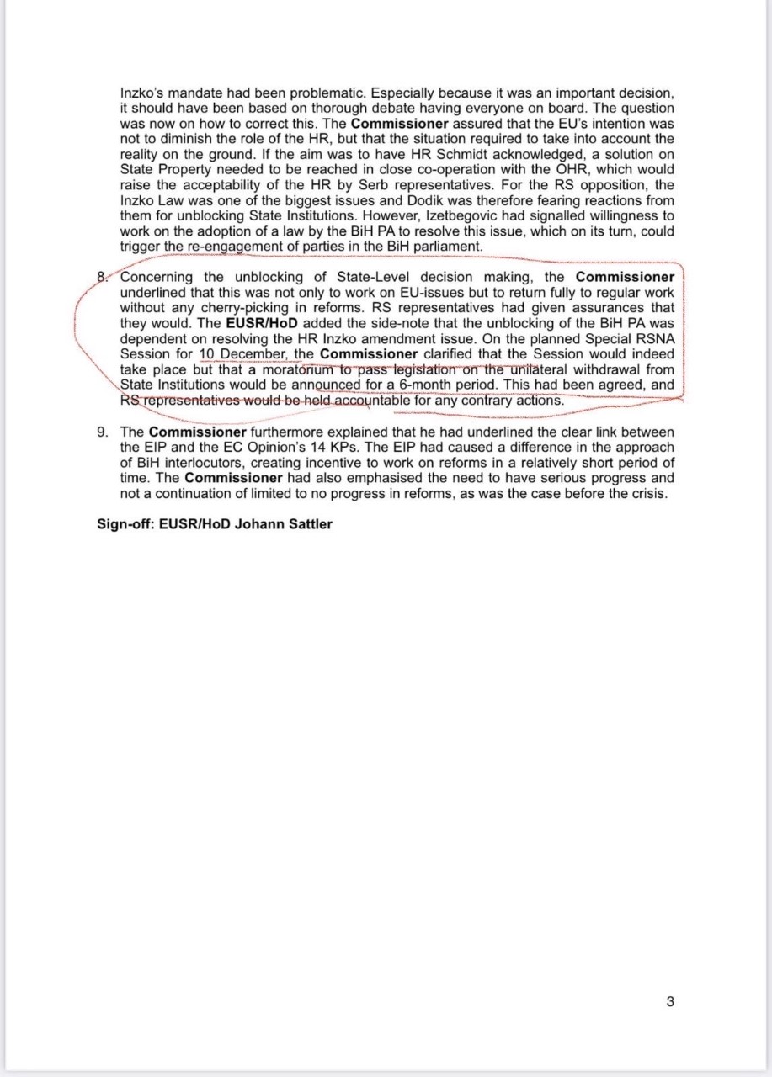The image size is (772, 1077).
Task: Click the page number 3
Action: point(670,1001)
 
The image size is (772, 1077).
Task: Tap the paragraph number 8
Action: point(102,277)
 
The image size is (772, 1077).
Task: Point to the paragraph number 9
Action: point(103,432)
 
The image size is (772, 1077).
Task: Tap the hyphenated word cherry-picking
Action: point(243,308)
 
